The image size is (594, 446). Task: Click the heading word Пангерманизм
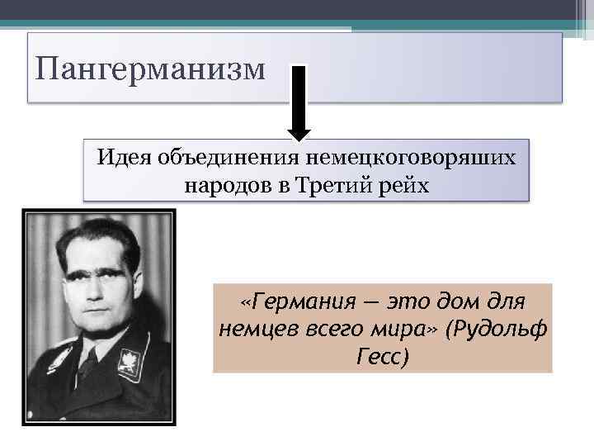[151, 69]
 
